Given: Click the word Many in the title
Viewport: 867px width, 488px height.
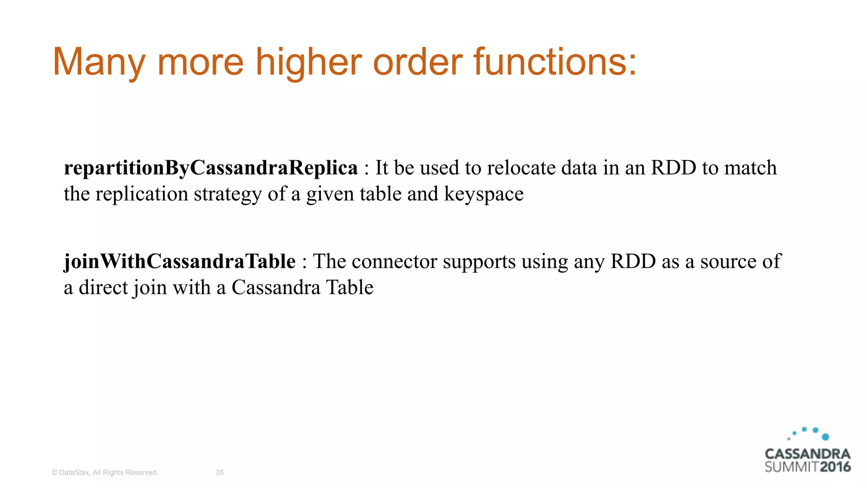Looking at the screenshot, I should coord(99,62).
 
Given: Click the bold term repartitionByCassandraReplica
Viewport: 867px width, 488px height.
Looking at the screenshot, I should coord(211,168).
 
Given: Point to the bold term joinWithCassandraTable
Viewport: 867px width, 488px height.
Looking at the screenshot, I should coord(179,261).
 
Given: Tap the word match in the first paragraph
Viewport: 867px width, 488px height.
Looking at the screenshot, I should coord(750,168).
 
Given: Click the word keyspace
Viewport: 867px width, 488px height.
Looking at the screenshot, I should coord(483,194).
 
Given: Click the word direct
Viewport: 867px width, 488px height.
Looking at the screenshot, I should coord(103,288).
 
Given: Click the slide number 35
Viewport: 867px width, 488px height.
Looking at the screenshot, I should coord(220,472).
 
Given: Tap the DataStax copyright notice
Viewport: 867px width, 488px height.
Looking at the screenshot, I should coord(105,472).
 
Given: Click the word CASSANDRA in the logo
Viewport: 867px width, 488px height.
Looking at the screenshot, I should coord(807,454).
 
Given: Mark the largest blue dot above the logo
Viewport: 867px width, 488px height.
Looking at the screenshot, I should coord(825,437).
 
